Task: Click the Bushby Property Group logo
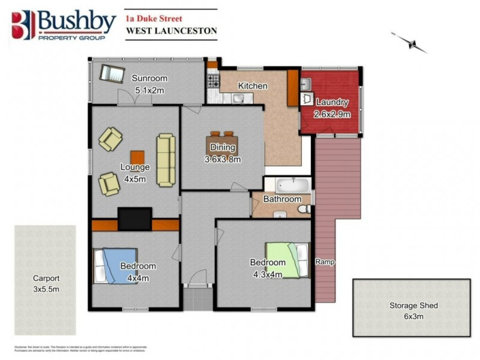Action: (x=63, y=25)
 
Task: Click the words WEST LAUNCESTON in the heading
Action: (x=171, y=31)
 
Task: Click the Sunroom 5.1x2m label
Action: (x=149, y=85)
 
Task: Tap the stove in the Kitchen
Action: (x=212, y=79)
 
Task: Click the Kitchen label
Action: (x=253, y=86)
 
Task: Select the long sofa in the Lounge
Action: (x=166, y=159)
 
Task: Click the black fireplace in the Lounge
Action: (x=134, y=218)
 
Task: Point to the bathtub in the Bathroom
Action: (x=287, y=184)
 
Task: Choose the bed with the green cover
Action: (x=287, y=259)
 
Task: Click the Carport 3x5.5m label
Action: (x=46, y=283)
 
